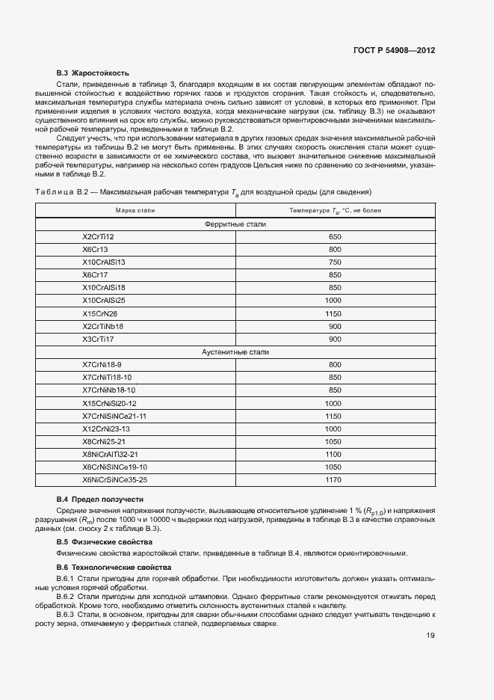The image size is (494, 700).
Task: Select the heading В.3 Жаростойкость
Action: [93, 73]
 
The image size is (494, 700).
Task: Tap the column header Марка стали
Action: [135, 211]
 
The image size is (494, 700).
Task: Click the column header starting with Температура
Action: [335, 211]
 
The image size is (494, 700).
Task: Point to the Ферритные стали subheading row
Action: [235, 224]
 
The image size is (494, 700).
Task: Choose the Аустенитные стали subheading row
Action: [235, 351]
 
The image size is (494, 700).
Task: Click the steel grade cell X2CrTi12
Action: [99, 236]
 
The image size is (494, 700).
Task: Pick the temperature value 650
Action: [335, 236]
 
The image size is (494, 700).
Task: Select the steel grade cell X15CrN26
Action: [99, 313]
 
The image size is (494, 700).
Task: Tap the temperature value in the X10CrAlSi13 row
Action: [335, 262]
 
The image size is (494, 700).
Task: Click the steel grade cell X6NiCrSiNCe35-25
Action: [115, 479]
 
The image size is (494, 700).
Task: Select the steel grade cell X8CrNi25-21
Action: [105, 441]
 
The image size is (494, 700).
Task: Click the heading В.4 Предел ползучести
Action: [100, 499]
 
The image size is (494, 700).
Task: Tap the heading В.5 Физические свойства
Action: [104, 541]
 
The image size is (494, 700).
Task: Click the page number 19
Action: [430, 636]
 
